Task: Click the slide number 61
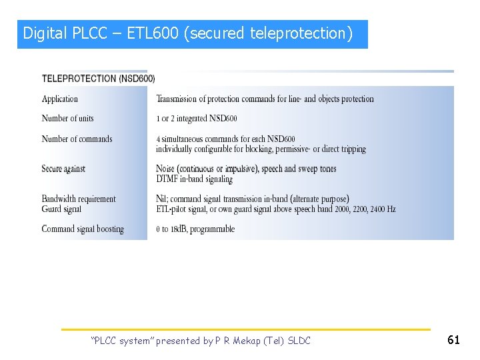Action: tap(453, 340)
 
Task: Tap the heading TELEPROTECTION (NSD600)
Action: tap(99, 79)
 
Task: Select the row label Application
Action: tap(60, 99)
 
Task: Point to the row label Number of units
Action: tap(68, 119)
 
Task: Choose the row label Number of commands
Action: tap(77, 139)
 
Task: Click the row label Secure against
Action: tap(64, 169)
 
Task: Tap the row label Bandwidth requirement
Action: tap(79, 199)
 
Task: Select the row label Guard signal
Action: tap(62, 209)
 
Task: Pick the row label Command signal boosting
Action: tap(83, 229)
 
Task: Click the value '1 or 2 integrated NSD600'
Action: tap(197, 119)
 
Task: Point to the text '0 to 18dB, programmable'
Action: tap(195, 229)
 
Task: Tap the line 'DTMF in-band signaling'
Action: tap(195, 179)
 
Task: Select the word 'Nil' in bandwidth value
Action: tap(163, 199)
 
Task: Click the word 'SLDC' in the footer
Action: tap(300, 341)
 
